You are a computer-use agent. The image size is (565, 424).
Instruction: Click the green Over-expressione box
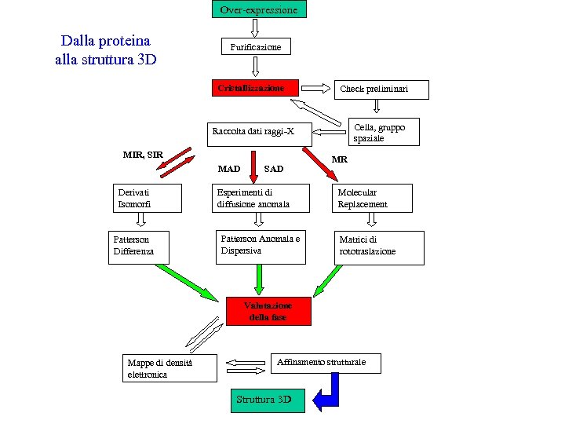(x=259, y=9)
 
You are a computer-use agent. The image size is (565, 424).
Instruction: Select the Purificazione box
(x=256, y=47)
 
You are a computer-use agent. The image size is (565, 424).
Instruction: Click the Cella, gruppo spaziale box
(x=382, y=132)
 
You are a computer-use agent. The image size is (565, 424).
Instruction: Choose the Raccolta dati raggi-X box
(x=259, y=131)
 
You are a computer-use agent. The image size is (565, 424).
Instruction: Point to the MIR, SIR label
(x=143, y=154)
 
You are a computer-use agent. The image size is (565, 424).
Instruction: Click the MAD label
(x=229, y=169)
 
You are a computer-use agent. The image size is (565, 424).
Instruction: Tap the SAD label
(x=274, y=169)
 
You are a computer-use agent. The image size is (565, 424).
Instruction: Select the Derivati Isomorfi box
(x=147, y=198)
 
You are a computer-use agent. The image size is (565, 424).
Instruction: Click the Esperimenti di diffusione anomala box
(x=260, y=198)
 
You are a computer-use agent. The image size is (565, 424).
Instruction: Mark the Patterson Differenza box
(x=141, y=246)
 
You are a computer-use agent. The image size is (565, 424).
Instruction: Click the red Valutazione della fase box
(x=268, y=311)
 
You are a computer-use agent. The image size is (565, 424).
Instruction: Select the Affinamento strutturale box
(x=327, y=363)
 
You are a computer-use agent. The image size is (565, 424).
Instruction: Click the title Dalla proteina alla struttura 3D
(x=106, y=49)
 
